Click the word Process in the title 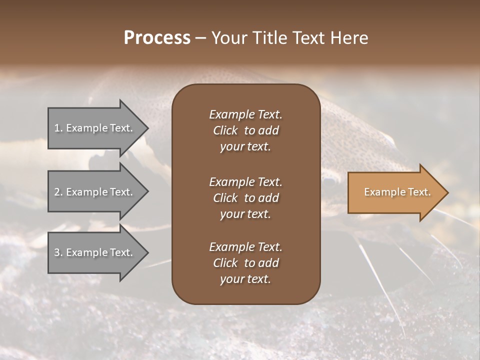157,38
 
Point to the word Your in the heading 228,38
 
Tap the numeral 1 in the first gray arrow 57,128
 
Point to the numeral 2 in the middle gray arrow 57,192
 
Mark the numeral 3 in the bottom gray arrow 57,252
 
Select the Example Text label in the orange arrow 397,192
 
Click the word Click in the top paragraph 225,130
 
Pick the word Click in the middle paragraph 225,198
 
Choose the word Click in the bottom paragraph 225,263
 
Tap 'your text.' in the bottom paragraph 245,279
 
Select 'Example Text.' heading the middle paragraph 245,181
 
